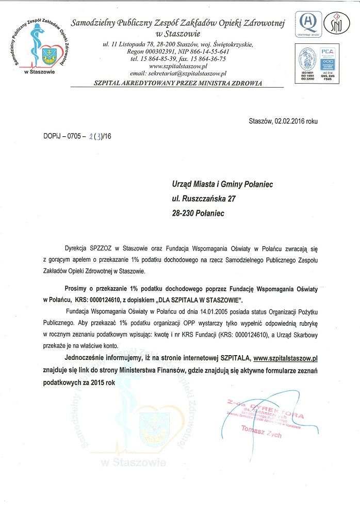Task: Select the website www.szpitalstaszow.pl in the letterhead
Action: (x=178, y=67)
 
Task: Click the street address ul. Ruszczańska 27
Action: (x=204, y=198)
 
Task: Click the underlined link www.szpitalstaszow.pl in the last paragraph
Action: (x=285, y=357)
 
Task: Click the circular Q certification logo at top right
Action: (x=308, y=22)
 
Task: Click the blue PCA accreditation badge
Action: (x=328, y=57)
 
